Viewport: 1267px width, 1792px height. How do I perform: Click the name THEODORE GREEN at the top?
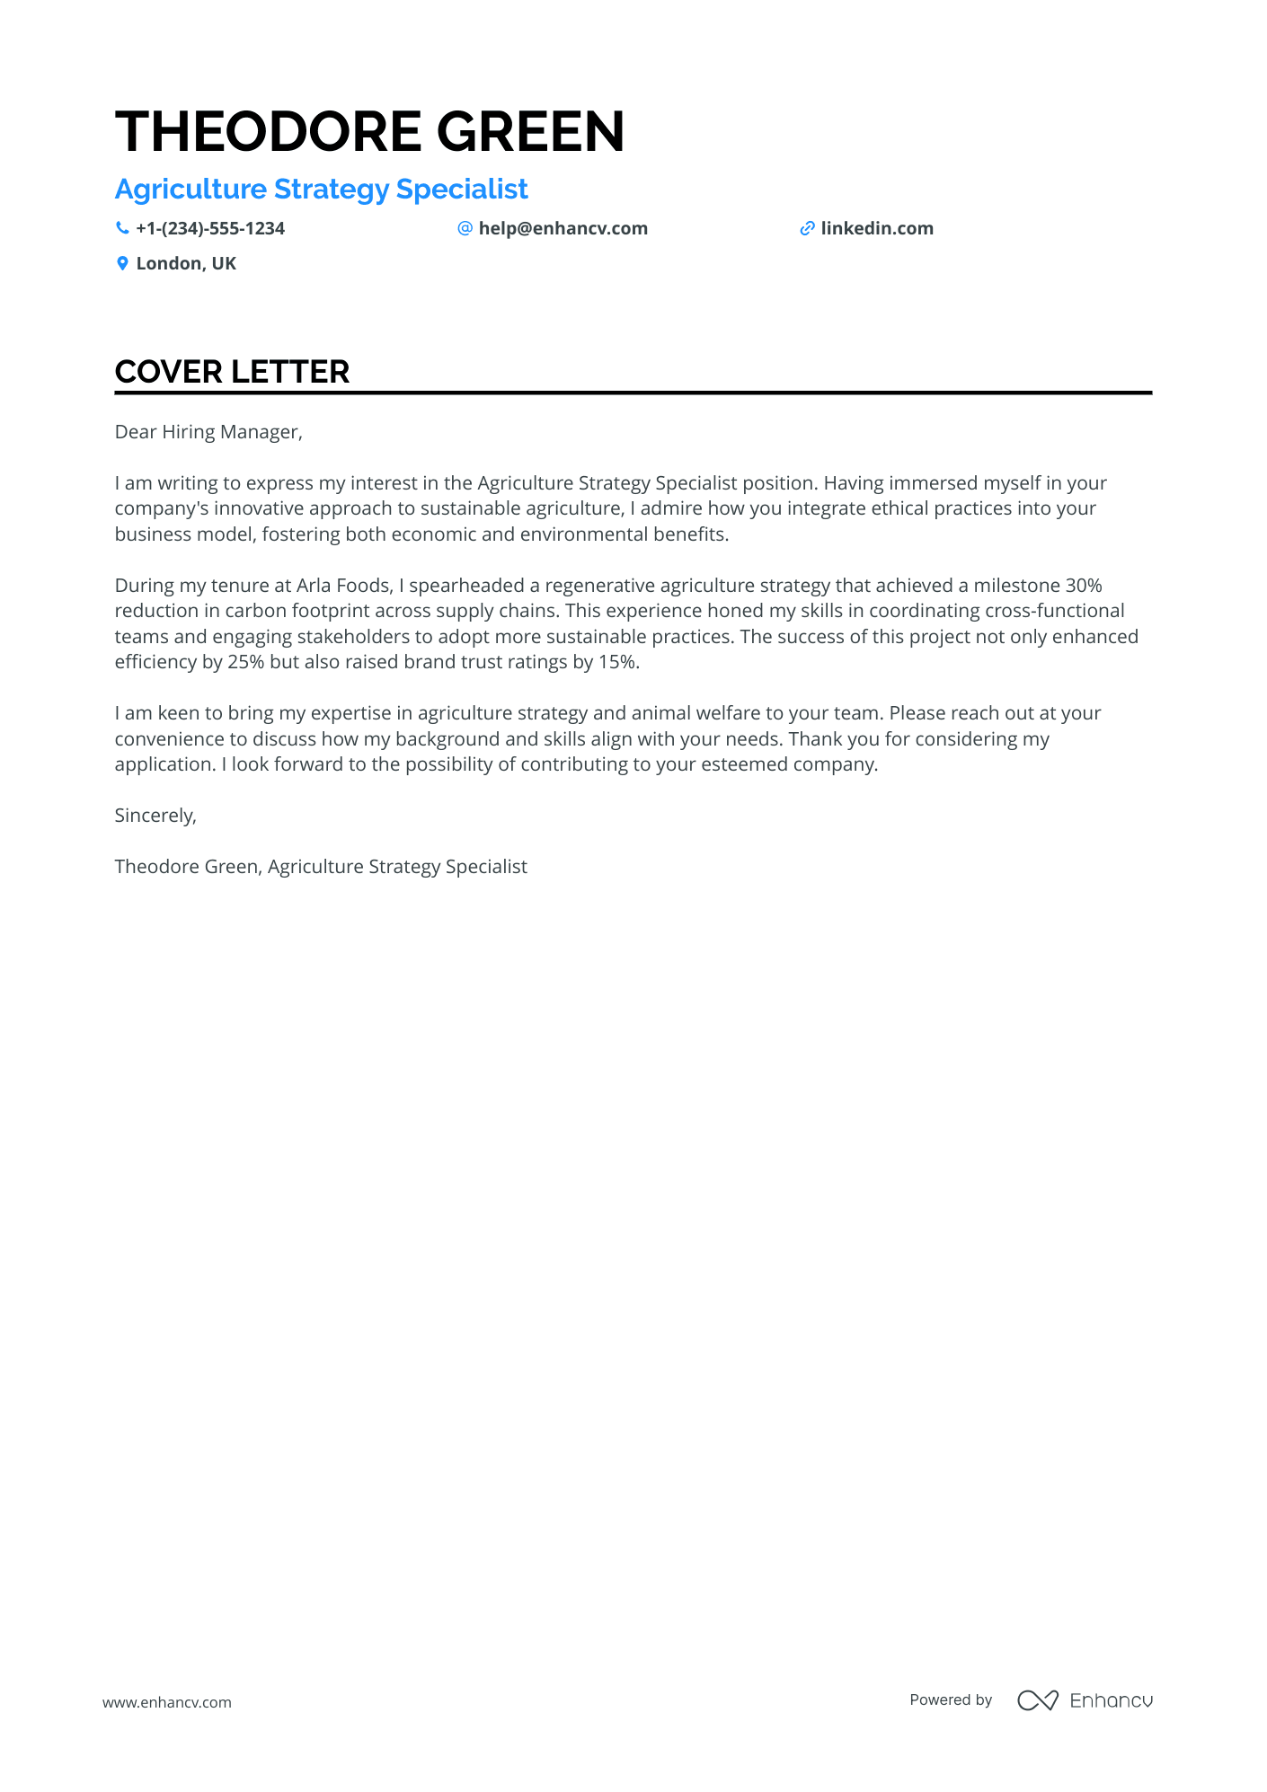click(369, 132)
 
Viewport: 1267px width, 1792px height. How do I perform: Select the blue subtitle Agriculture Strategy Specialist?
click(321, 190)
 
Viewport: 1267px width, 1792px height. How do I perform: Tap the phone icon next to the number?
click(122, 228)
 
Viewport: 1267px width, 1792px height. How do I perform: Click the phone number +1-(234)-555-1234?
click(210, 229)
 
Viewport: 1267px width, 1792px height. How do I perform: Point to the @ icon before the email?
click(465, 228)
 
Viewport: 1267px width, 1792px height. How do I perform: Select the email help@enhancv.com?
click(563, 229)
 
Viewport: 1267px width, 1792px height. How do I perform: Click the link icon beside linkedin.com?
click(807, 229)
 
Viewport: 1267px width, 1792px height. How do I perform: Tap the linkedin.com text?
click(877, 229)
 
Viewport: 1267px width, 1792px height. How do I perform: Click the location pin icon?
click(122, 263)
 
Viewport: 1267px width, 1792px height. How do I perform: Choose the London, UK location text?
click(186, 264)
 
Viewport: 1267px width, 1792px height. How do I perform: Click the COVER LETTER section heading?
click(232, 372)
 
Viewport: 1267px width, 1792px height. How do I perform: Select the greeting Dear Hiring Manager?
click(208, 432)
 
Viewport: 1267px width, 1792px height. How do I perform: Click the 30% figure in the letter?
click(1083, 586)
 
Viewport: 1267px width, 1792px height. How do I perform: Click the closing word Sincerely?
click(155, 816)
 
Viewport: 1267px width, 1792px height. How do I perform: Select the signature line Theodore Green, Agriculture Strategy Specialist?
click(321, 867)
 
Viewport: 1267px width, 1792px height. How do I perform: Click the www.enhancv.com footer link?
click(167, 1702)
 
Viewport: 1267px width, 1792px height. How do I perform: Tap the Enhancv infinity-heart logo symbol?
click(1037, 1700)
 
